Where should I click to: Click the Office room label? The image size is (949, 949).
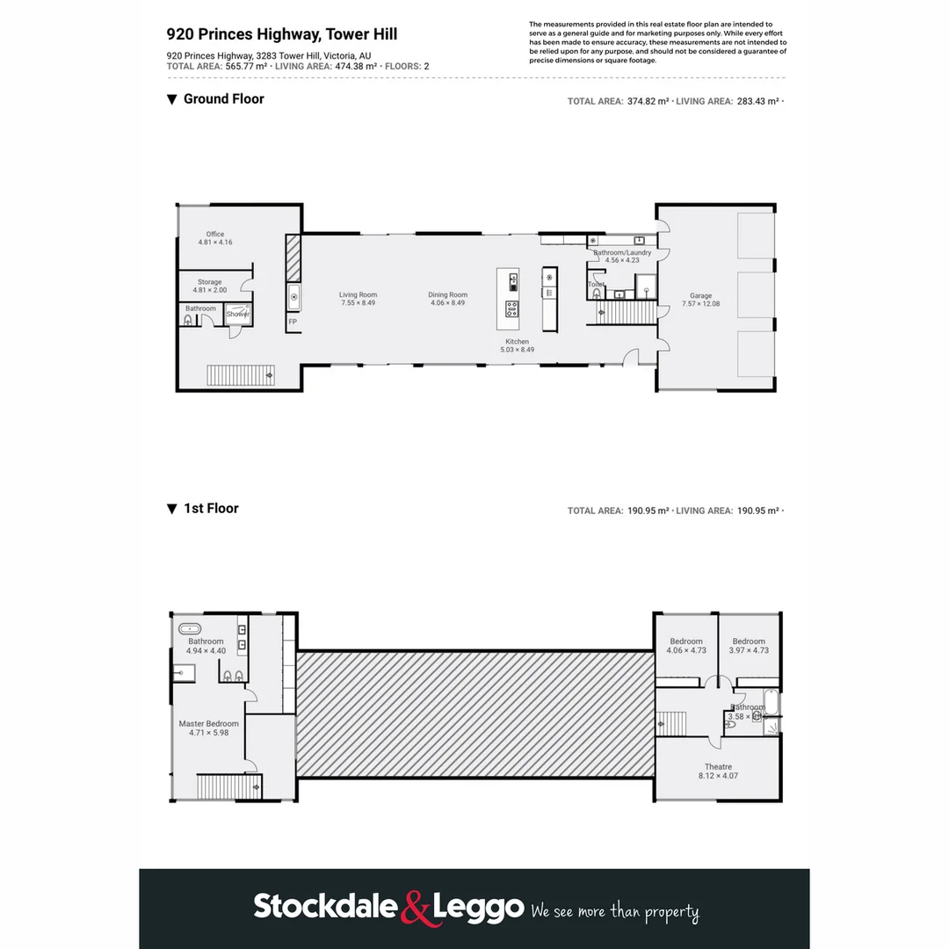click(215, 235)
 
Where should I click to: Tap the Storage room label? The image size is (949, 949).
click(209, 283)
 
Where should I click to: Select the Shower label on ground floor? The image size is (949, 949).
click(238, 314)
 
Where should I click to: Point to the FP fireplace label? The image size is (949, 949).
click(292, 322)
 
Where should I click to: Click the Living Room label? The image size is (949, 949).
click(359, 295)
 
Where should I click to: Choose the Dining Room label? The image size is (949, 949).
click(447, 295)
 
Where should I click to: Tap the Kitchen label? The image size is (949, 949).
click(517, 342)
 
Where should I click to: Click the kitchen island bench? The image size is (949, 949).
click(508, 294)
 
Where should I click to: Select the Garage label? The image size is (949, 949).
click(700, 296)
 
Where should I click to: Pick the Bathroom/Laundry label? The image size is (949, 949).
click(622, 253)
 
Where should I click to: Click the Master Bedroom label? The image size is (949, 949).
click(208, 724)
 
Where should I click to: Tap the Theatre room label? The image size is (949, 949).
click(718, 767)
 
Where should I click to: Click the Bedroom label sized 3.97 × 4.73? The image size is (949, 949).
click(749, 641)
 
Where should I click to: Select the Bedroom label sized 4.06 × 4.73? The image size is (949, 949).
click(686, 641)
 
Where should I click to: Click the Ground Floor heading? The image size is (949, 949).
click(223, 99)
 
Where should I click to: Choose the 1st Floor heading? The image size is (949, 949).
click(211, 509)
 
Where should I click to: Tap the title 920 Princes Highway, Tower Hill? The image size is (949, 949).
click(282, 35)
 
